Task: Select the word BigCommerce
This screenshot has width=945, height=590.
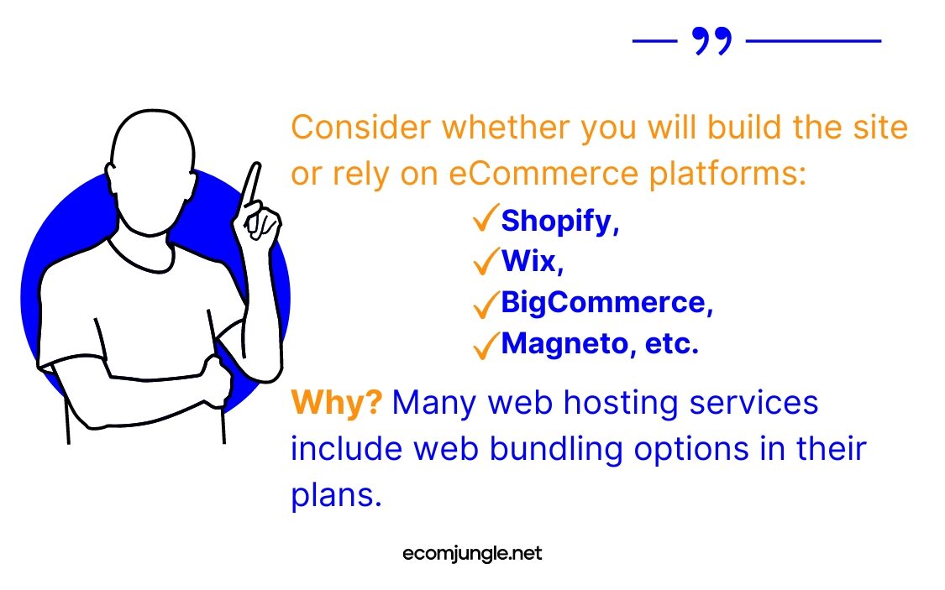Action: coord(604,302)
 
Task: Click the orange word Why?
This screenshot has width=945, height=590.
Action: coord(336,404)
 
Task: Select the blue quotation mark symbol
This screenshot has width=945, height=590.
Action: coord(711,40)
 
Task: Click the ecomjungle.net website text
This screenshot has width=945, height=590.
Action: coord(472,554)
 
